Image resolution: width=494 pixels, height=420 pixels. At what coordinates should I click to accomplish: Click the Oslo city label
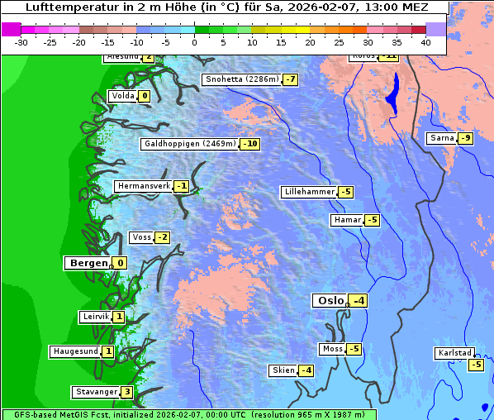330,301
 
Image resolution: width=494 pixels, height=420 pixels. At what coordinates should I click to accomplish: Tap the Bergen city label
88,263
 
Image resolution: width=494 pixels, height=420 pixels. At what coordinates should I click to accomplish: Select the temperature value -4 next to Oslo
358,301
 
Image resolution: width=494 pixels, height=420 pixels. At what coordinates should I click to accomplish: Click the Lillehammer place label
309,192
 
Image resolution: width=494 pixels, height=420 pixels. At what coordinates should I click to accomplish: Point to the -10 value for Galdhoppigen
249,144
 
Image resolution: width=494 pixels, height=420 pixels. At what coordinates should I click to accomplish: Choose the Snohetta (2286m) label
241,79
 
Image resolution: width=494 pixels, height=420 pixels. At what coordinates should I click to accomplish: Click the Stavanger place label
95,392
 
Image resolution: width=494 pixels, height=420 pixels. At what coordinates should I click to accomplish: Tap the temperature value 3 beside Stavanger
126,392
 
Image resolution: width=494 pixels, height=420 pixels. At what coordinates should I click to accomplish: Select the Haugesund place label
75,351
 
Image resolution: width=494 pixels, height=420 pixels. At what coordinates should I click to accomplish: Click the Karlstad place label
455,354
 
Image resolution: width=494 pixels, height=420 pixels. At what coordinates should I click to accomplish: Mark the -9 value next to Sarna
465,138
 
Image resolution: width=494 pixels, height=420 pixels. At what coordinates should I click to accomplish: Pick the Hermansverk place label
142,186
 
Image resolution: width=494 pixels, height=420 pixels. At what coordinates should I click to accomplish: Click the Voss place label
141,237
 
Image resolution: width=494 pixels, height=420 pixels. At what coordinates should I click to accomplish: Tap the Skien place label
283,370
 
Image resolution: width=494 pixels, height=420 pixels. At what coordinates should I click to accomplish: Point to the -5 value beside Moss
354,349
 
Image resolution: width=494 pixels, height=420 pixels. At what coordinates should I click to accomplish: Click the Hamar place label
345,220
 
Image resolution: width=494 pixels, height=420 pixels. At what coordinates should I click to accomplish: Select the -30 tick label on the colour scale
21,41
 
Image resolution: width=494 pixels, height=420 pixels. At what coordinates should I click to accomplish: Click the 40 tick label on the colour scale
425,41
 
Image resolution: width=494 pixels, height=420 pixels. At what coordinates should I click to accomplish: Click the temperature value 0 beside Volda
145,96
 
